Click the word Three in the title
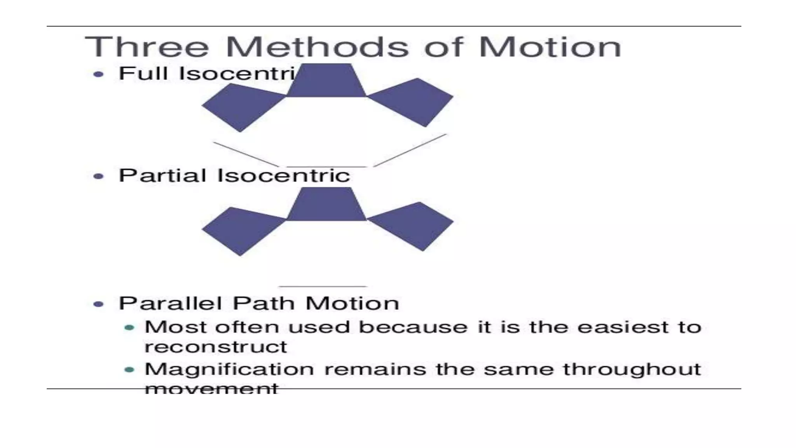pos(147,47)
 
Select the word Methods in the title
pos(317,47)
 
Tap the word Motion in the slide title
pos(550,47)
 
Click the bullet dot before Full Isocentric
pos(99,74)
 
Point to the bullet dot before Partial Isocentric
pos(99,176)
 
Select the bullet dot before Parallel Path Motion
pos(99,304)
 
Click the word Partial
pos(162,175)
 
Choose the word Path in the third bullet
pos(263,303)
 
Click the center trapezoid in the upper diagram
pos(326,81)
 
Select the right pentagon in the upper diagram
pos(413,102)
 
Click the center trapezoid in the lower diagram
pos(326,205)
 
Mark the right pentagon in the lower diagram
pos(413,226)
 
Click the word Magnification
pos(229,369)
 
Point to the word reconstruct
pos(216,347)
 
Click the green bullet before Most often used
pos(129,328)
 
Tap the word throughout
pos(632,369)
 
